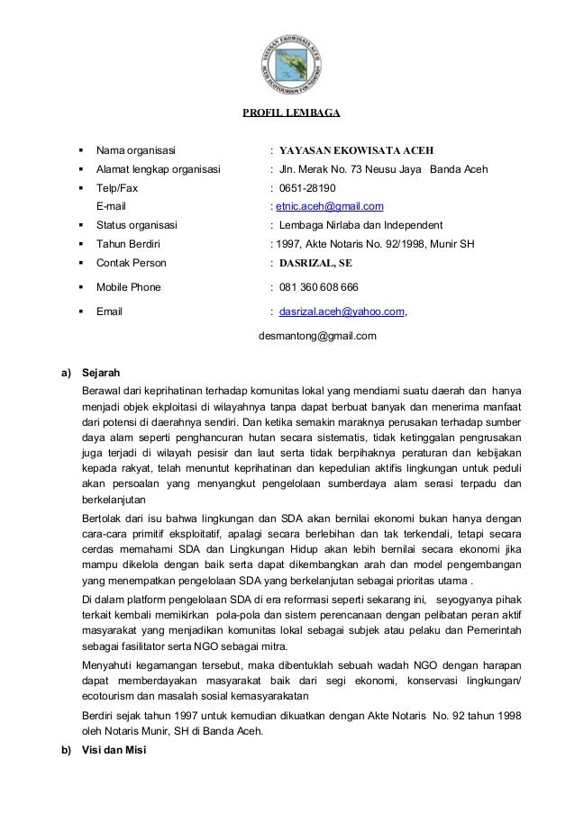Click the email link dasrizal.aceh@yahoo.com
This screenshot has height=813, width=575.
(x=342, y=312)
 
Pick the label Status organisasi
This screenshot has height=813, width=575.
(x=137, y=225)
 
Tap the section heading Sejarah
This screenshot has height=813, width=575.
(x=100, y=372)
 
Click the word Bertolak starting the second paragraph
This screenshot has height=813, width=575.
(x=103, y=519)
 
